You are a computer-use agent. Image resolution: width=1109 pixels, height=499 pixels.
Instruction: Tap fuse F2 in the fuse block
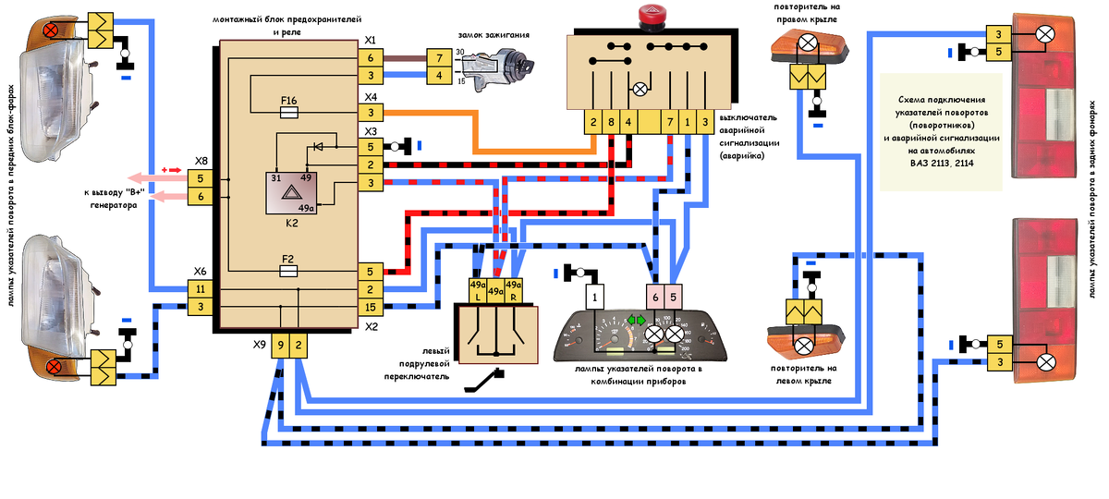point(288,272)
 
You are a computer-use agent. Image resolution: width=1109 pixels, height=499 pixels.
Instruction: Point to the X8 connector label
point(201,160)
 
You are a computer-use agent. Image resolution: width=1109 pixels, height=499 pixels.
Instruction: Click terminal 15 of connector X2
point(370,307)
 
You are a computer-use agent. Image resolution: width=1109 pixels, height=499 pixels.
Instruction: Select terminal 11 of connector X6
point(201,289)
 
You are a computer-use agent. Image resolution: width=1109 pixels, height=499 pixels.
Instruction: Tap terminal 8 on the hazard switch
point(610,122)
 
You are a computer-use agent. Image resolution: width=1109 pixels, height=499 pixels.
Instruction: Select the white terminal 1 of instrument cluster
point(597,297)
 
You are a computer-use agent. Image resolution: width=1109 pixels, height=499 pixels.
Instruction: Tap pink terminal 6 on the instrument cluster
point(655,297)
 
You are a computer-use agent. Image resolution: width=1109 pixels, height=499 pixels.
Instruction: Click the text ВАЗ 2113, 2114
point(942,164)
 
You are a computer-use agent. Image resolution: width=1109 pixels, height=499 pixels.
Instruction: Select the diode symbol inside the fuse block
point(319,146)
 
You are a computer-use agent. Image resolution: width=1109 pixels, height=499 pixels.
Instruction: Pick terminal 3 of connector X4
point(370,113)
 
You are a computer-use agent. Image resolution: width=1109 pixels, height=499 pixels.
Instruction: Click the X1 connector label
point(371,40)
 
